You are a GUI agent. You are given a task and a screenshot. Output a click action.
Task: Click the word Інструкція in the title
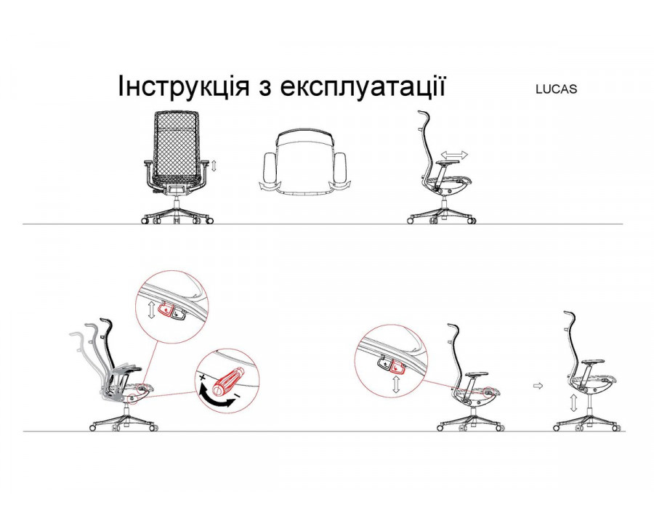click(183, 86)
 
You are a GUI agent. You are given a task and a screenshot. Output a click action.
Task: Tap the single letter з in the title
click(264, 89)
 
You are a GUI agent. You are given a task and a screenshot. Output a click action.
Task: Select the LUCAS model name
click(557, 89)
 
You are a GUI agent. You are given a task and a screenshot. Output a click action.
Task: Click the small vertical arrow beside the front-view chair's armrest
click(214, 166)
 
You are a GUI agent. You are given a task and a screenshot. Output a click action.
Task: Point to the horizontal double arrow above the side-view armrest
click(455, 155)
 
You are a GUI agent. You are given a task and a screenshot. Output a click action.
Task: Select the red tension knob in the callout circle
click(227, 380)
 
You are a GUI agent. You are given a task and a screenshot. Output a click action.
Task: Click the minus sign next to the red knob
click(236, 394)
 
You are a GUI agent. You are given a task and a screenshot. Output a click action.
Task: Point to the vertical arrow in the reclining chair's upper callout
click(151, 310)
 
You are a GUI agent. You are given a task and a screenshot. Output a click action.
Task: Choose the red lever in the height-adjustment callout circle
click(397, 367)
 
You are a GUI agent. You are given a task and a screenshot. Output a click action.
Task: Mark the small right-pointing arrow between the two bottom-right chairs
click(538, 386)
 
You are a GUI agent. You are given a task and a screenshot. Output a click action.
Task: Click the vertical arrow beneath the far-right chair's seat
click(574, 404)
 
